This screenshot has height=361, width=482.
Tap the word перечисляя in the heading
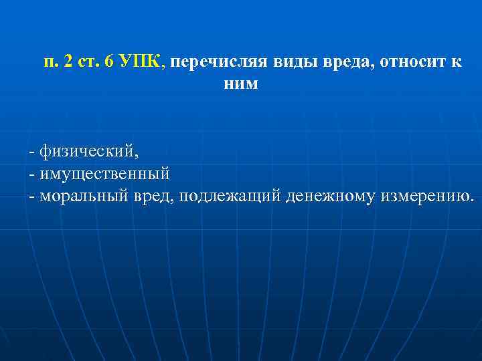(210, 62)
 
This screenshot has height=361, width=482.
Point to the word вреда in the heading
(318, 62)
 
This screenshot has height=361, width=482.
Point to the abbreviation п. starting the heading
(51, 62)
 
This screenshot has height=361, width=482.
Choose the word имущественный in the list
(104, 173)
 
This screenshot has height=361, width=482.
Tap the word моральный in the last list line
(79, 196)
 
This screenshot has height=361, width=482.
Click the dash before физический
(31, 152)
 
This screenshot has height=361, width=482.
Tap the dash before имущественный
(31, 174)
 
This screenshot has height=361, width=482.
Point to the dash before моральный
(31, 197)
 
